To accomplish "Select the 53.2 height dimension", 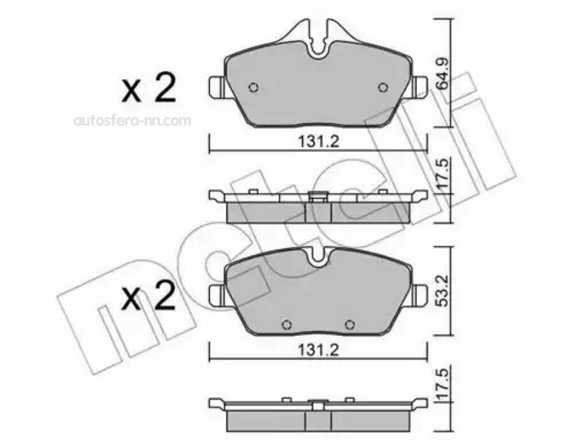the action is pos(443,291).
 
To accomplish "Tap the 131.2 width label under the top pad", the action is pos(318,141).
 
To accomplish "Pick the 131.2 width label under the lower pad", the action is pos(318,351).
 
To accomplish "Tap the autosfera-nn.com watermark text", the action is pos(133,121).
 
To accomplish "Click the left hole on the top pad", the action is pos(253,87).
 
